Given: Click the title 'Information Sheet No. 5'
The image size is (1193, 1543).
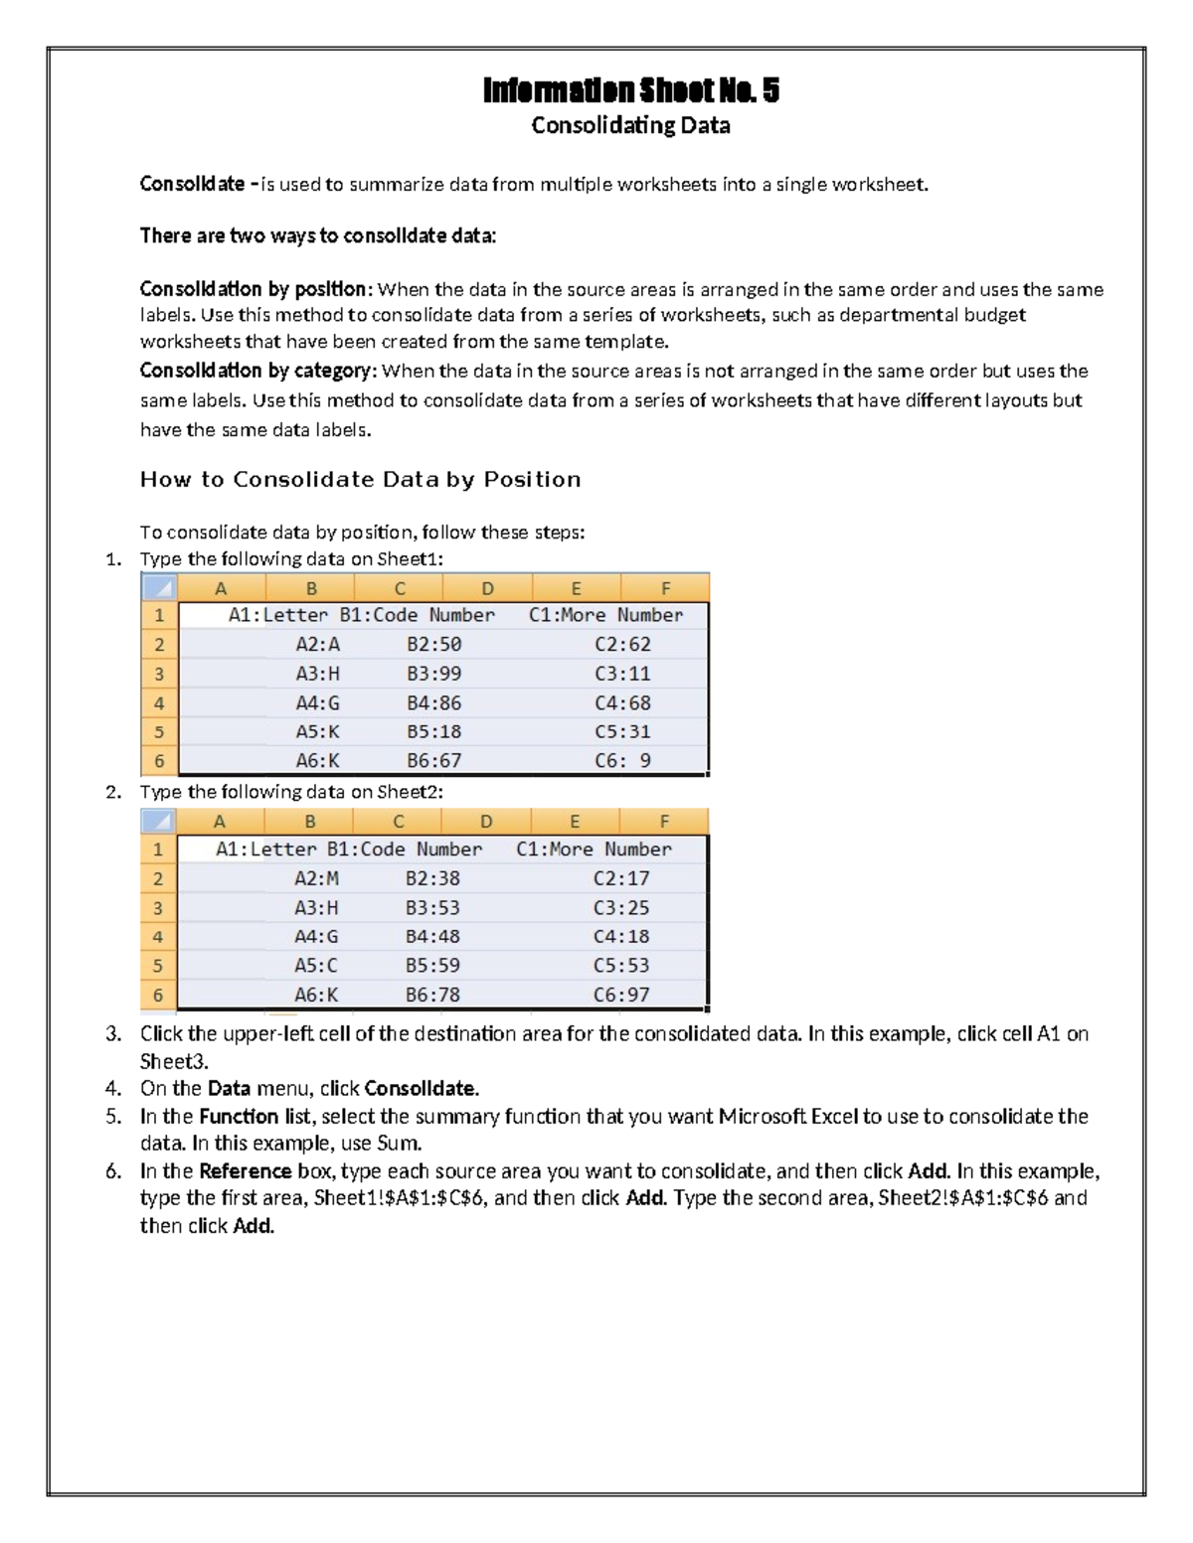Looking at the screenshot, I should click(630, 90).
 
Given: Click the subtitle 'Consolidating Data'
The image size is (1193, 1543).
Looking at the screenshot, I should click(630, 125).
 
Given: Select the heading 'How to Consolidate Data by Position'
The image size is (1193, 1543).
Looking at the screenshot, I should click(360, 479).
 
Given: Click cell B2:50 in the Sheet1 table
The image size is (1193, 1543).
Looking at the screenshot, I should click(433, 644).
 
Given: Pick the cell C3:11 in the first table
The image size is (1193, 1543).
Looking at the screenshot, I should click(622, 674).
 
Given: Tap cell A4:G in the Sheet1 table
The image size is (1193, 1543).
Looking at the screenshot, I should click(317, 702).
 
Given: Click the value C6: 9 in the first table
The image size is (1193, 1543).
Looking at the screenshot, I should click(622, 760).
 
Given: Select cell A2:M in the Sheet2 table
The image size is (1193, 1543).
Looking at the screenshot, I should click(316, 878).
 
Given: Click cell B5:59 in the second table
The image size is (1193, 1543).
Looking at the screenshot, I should click(432, 965).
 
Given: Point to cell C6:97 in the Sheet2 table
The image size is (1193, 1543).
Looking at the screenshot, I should click(621, 995).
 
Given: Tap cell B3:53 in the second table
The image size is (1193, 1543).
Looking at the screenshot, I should click(432, 907).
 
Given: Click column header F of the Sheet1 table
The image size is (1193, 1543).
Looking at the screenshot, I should click(665, 588).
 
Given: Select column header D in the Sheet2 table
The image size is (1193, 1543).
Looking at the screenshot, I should click(486, 822).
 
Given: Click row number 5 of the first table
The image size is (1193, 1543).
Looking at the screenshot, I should click(158, 732).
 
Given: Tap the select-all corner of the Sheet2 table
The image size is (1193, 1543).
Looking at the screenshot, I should click(158, 822).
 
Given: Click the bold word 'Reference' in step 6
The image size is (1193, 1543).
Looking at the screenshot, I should click(245, 1170).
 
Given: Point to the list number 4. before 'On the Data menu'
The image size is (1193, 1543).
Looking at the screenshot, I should click(112, 1088).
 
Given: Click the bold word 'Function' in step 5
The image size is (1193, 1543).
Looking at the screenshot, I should click(238, 1116).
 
